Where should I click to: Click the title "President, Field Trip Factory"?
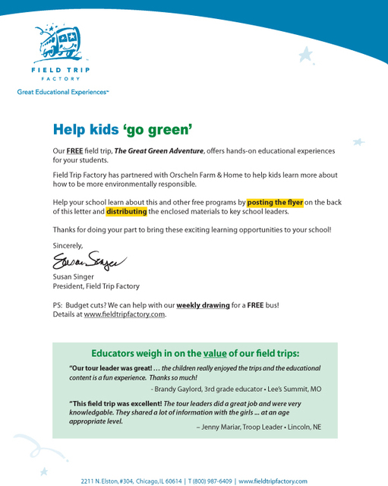click(96, 286)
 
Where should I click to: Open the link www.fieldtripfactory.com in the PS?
click(125, 314)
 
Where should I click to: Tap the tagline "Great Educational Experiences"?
click(63, 92)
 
